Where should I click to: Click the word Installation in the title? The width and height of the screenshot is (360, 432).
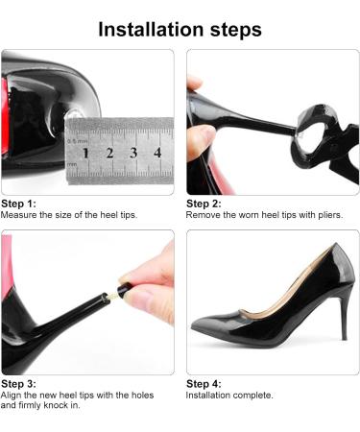coord(151,30)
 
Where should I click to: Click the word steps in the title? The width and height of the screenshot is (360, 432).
coord(236,31)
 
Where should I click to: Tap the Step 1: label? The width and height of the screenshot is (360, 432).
coord(18,204)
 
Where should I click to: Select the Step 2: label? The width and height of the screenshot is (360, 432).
coord(204,204)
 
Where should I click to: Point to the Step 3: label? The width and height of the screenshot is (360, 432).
coord(18,384)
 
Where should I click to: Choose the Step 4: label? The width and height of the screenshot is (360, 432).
coord(204,384)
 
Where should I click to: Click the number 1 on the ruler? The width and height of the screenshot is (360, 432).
coord(85,154)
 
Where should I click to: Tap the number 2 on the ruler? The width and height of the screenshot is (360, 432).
coord(109,154)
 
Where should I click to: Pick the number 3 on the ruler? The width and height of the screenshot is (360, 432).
coord(133,153)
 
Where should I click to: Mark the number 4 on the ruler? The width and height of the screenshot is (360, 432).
coord(157,153)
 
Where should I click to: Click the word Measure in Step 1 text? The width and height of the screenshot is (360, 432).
coord(19,215)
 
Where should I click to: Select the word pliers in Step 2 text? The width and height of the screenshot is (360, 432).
coord(330,215)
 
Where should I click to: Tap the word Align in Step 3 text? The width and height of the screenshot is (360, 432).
coord(11,396)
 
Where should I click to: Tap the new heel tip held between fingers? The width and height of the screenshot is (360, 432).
coord(124,289)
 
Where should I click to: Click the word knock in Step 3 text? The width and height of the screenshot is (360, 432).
coord(56,405)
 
